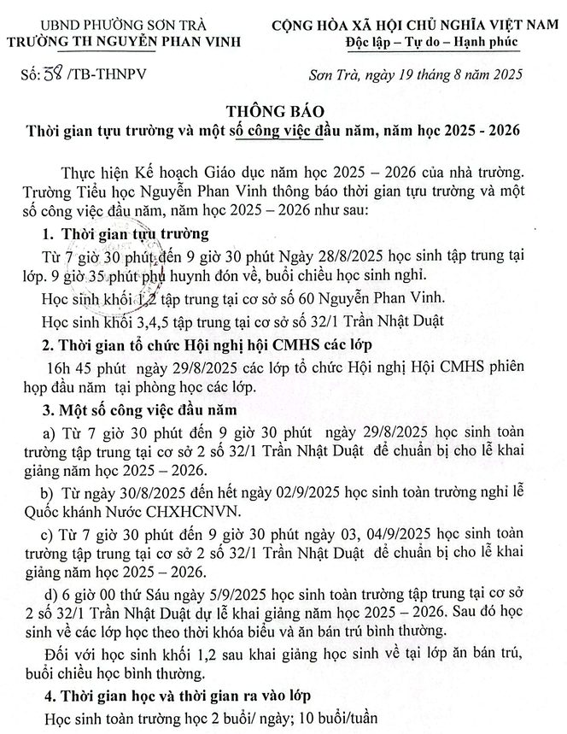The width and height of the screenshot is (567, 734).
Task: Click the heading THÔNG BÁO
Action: coord(283,113)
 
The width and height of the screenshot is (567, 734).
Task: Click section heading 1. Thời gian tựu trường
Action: coord(126,234)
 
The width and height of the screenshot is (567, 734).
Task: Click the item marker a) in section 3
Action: coord(48,434)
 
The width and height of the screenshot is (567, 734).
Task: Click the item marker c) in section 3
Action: coord(48,536)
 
